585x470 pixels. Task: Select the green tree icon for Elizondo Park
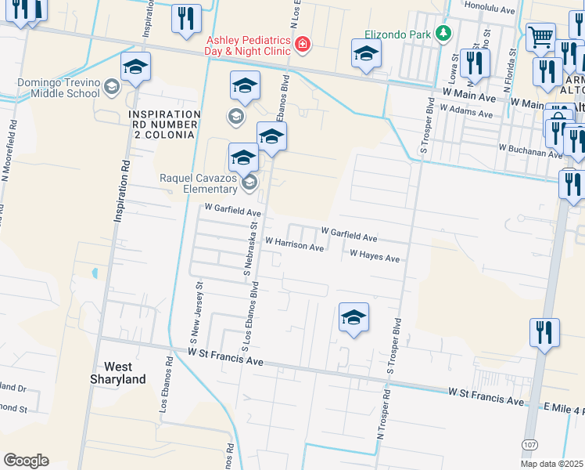pos(443,33)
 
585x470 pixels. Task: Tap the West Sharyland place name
pos(125,373)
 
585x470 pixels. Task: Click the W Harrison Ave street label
pos(294,247)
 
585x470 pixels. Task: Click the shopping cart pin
pos(540,35)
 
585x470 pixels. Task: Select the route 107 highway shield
pos(529,443)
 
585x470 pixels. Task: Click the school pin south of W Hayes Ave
pos(354,317)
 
